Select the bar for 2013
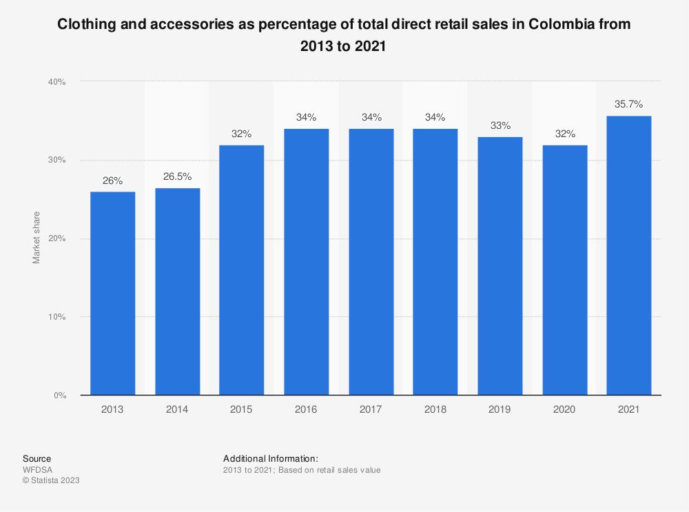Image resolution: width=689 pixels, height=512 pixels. [112, 293]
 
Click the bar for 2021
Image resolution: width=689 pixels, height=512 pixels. [628, 255]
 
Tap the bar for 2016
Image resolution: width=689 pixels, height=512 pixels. [306, 262]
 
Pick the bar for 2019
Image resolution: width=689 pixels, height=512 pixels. [500, 265]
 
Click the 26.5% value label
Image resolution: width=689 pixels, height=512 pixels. [177, 177]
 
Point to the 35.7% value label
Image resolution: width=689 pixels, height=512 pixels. [628, 105]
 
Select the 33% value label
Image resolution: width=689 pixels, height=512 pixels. [500, 125]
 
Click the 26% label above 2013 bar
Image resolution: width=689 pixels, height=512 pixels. [112, 181]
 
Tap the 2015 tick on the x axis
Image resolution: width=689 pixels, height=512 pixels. [241, 409]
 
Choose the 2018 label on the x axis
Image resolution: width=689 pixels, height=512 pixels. [435, 409]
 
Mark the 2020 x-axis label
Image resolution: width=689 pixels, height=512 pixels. [564, 409]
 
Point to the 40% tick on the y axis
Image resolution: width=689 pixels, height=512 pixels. [56, 82]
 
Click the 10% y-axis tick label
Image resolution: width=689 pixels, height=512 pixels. [56, 317]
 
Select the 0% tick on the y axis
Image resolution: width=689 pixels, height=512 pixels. [59, 396]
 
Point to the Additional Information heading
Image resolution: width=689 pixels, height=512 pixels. [270, 458]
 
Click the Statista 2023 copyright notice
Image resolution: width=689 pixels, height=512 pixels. [51, 480]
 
